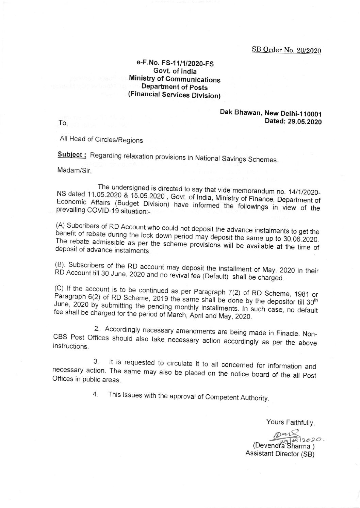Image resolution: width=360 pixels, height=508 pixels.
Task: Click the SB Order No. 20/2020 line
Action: (287, 50)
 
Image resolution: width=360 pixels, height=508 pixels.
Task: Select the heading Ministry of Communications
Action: (175, 80)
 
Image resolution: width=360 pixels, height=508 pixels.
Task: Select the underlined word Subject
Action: (73, 154)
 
